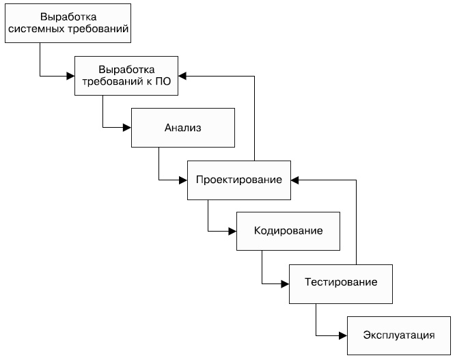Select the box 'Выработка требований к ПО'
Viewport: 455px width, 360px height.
click(x=126, y=75)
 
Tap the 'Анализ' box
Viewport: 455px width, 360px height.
click(x=183, y=127)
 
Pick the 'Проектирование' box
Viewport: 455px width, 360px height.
click(x=238, y=180)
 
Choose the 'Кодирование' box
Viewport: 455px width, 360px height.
click(x=288, y=232)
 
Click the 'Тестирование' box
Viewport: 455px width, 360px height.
click(x=340, y=282)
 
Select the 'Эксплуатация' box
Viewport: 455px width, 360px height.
click(x=399, y=335)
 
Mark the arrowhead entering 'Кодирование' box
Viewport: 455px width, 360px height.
click(x=232, y=232)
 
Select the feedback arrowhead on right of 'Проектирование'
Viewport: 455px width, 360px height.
click(x=294, y=180)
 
